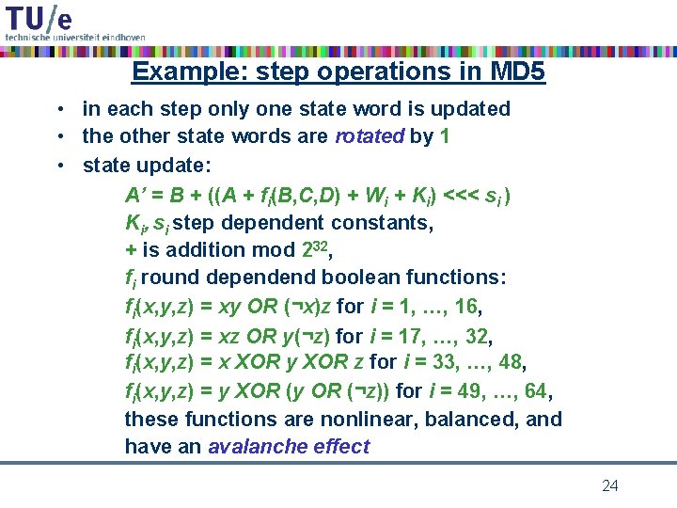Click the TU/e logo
click(39, 18)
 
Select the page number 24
click(610, 485)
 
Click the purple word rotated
click(369, 136)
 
